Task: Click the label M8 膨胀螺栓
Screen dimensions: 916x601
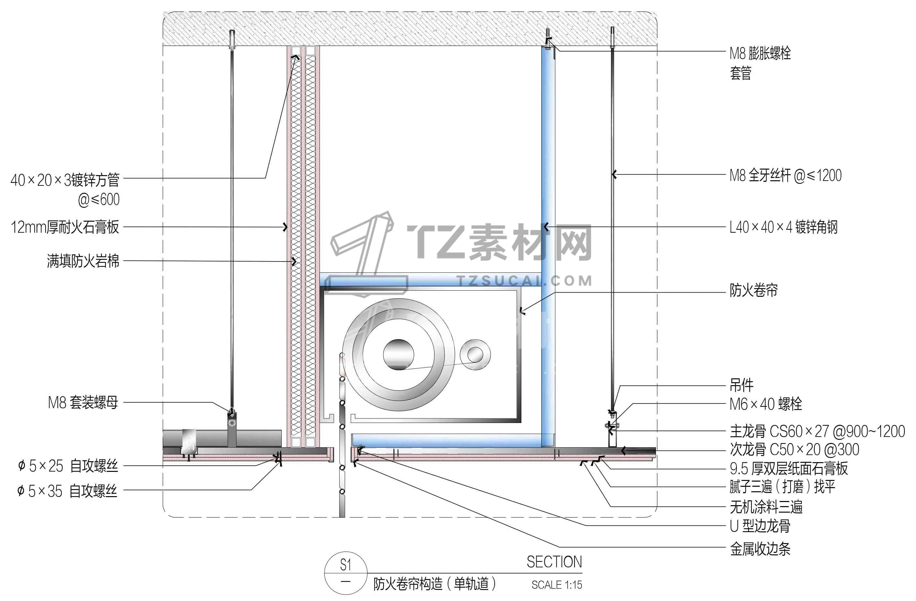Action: coord(760,53)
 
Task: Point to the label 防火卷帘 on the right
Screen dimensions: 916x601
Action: coord(754,290)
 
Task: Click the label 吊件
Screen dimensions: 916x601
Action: coord(742,384)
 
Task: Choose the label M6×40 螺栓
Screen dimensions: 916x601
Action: coord(766,404)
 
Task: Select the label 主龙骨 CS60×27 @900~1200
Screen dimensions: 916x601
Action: coord(817,431)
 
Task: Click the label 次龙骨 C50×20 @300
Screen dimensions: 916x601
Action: coord(794,449)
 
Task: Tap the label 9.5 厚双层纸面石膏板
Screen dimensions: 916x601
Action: coord(789,468)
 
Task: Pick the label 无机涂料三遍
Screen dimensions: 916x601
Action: coord(766,507)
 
